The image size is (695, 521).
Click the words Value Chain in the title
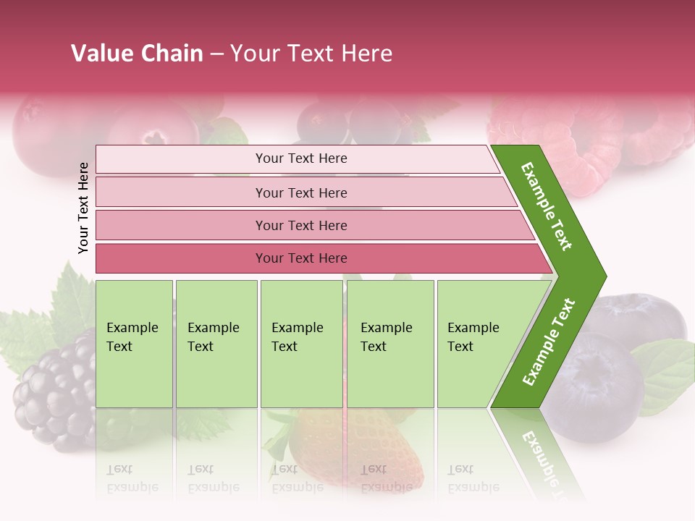[137, 54]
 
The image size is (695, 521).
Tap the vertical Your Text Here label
[83, 208]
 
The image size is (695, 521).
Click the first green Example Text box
[134, 344]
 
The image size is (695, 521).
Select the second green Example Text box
[216, 344]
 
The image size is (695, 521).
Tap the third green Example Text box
[301, 344]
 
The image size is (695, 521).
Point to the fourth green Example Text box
[390, 344]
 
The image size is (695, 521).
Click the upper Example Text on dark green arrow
[547, 206]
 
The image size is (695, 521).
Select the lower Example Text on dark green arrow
[549, 342]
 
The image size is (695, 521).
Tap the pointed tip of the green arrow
[602, 276]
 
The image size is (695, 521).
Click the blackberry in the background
[51, 394]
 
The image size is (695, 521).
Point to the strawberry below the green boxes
[362, 441]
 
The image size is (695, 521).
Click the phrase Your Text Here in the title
[311, 54]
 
